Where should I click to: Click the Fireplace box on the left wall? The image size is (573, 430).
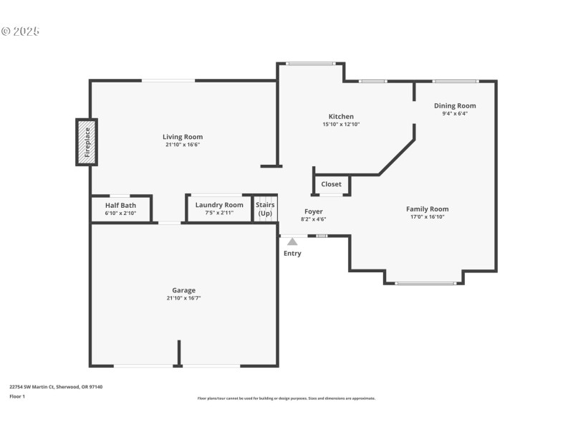click(87, 142)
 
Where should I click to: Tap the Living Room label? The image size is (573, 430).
click(183, 137)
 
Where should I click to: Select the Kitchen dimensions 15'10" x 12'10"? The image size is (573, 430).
click(341, 124)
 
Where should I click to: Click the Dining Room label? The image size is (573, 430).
click(455, 106)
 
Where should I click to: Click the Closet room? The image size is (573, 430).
click(332, 184)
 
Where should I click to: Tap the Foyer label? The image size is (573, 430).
click(314, 211)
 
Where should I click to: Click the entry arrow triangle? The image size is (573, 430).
click(292, 242)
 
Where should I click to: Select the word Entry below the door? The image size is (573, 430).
click(292, 254)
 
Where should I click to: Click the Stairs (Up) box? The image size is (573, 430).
click(265, 209)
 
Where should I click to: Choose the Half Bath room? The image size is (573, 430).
click(120, 209)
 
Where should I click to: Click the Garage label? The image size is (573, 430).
click(183, 290)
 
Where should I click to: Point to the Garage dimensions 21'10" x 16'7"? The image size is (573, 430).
click(183, 298)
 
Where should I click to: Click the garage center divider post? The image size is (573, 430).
click(179, 353)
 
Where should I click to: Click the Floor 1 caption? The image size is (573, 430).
click(17, 396)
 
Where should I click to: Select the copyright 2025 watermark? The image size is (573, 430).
click(20, 32)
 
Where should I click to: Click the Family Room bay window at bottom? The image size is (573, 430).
click(425, 283)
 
